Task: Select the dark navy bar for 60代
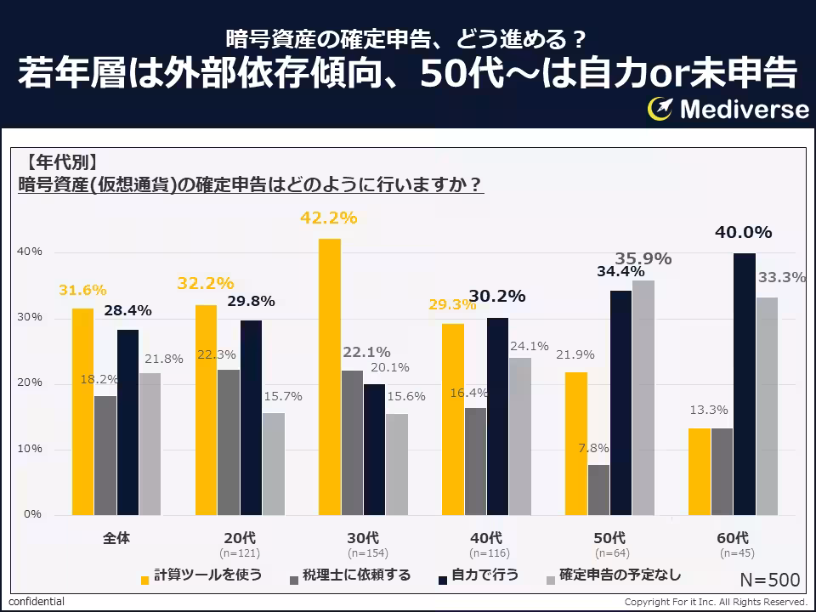(744, 383)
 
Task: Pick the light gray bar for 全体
(150, 443)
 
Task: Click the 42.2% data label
(328, 218)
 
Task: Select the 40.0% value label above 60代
(743, 232)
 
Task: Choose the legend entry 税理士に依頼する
(349, 575)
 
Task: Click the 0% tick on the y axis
(32, 514)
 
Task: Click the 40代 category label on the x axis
(486, 538)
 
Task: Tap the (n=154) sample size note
(363, 553)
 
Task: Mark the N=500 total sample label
(769, 581)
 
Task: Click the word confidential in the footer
(37, 602)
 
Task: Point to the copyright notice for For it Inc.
(715, 602)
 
